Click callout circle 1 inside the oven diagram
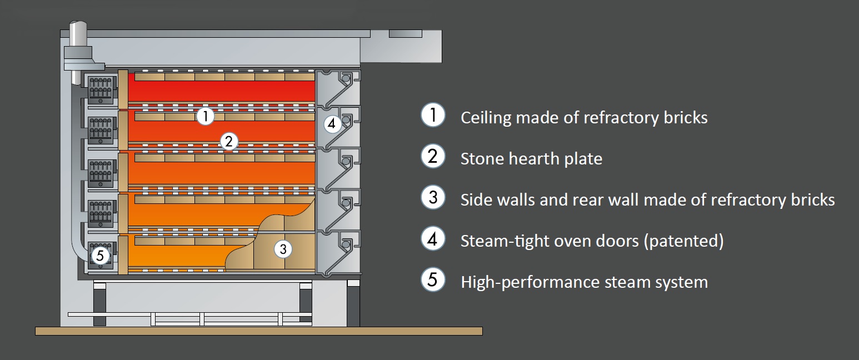(x=205, y=116)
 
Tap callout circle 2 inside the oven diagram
(x=228, y=142)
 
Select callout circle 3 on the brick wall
(x=283, y=249)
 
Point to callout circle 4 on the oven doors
(x=332, y=123)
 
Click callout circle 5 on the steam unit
(x=100, y=256)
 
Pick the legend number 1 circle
(x=433, y=116)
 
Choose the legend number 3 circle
(x=433, y=198)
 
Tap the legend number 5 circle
(x=433, y=280)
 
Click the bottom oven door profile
(x=338, y=253)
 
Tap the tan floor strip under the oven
(x=258, y=331)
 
